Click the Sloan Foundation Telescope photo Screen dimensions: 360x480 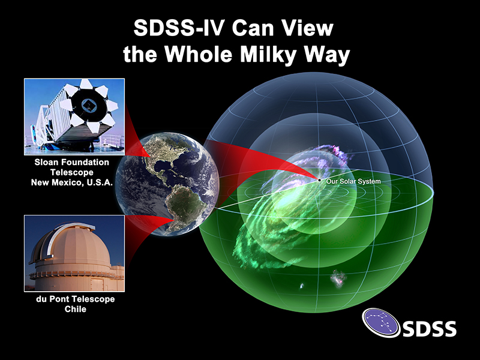(74, 116)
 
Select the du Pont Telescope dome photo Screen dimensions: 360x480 (74, 253)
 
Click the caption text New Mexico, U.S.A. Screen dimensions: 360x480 (72, 182)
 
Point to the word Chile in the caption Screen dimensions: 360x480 (73, 309)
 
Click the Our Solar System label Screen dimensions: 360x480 (353, 181)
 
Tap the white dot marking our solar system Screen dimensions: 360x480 (320, 180)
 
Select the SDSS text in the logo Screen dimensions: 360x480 (428, 328)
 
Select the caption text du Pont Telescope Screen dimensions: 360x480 (73, 299)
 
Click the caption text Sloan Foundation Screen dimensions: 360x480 (72, 161)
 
